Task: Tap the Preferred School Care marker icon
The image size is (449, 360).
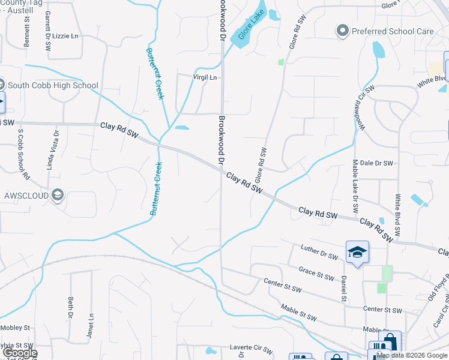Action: pyautogui.click(x=343, y=30)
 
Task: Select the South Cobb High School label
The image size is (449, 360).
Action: pyautogui.click(x=52, y=85)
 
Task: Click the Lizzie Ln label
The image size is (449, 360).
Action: pyautogui.click(x=66, y=37)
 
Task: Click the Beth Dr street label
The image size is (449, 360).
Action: pyautogui.click(x=70, y=307)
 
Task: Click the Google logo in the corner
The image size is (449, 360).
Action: pyautogui.click(x=19, y=353)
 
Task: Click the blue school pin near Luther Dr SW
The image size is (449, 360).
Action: pyautogui.click(x=357, y=252)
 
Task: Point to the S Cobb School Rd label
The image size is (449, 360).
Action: pyautogui.click(x=23, y=153)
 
